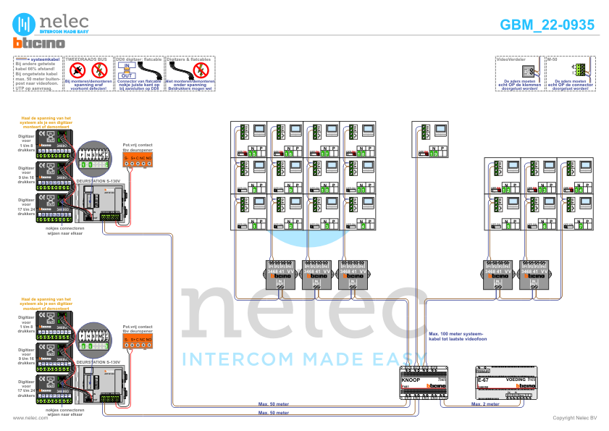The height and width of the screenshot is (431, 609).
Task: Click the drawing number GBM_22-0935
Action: [x=547, y=25]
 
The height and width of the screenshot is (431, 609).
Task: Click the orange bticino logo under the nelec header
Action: [x=39, y=44]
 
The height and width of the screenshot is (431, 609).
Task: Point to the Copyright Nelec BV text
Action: [x=574, y=418]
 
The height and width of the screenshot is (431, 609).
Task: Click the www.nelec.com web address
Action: [x=30, y=418]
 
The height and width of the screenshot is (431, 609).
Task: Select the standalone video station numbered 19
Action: [x=430, y=139]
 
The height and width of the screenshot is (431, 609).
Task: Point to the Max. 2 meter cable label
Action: [x=486, y=404]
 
